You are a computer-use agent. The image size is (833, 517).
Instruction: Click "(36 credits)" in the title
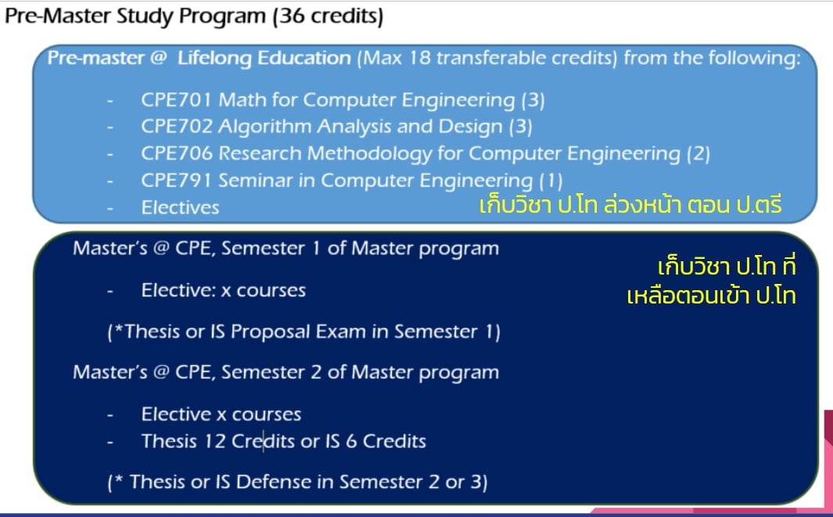pyautogui.click(x=328, y=16)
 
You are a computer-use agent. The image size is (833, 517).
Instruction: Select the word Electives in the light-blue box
pyautogui.click(x=180, y=208)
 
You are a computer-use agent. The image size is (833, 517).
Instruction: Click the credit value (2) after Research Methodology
pyautogui.click(x=698, y=154)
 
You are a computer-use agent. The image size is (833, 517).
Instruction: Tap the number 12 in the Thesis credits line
pyautogui.click(x=214, y=442)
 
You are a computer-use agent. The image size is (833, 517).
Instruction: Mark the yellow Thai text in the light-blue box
pyautogui.click(x=630, y=205)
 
